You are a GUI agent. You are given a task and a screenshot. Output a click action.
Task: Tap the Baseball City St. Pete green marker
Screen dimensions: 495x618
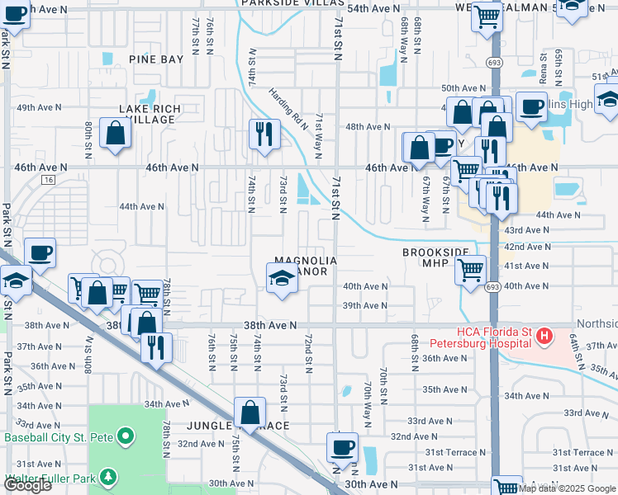[x=125, y=435]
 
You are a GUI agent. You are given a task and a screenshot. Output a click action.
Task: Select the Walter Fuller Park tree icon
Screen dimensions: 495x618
[x=107, y=477]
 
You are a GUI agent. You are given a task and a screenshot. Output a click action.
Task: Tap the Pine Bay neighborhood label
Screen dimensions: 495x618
[x=156, y=59]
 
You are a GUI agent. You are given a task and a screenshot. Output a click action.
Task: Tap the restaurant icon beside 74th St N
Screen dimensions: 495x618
[x=263, y=134]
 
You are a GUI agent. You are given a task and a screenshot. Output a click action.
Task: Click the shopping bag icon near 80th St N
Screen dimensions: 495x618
[x=115, y=133]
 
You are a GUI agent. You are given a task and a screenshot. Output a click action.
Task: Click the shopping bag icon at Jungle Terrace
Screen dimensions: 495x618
[x=249, y=413]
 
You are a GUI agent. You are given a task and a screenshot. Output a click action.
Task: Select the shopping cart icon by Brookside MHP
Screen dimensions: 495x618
[x=470, y=269]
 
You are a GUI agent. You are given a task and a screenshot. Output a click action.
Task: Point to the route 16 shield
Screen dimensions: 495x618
[x=50, y=179]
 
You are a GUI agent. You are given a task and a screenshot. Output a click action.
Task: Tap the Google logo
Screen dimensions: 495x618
[x=28, y=485]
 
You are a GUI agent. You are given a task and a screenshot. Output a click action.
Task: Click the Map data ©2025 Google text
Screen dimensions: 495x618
[x=567, y=488]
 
